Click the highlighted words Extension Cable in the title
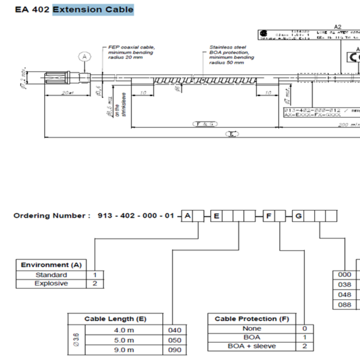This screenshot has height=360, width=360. tap(93, 9)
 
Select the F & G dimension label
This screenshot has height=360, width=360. tap(205, 123)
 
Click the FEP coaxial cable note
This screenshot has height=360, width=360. tap(131, 52)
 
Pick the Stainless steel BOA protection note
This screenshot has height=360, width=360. tap(231, 54)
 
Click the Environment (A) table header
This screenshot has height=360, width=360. tap(51, 265)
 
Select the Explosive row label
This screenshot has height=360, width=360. tap(51, 283)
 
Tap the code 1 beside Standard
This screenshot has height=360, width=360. tap(95, 274)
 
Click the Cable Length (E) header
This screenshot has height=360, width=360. tap(115, 319)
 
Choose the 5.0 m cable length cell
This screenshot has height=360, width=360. tap(124, 340)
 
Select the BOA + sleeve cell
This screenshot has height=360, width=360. tap(252, 346)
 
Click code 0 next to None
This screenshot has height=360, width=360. tap(305, 328)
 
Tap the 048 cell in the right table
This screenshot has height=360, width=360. tap(345, 294)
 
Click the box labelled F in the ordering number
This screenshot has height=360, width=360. tap(269, 216)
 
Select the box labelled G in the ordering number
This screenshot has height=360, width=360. tap(298, 216)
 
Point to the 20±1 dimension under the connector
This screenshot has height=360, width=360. tap(68, 93)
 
